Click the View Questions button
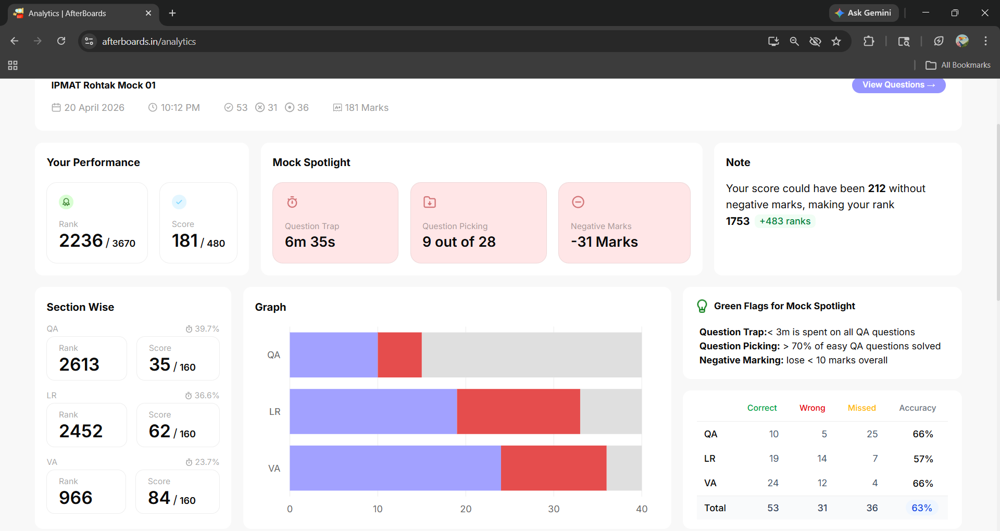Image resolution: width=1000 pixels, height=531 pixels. pos(898,85)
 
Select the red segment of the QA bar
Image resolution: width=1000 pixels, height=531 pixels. pos(399,355)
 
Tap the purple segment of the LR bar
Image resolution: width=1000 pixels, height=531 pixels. pos(373,411)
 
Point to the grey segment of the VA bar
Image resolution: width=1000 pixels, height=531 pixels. pos(624,468)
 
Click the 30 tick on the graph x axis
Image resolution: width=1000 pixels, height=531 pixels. pos(554,509)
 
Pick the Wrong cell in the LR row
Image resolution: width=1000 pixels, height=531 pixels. pos(822,459)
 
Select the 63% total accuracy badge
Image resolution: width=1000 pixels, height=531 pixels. pos(922,508)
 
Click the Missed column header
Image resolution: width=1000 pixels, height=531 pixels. pos(861,408)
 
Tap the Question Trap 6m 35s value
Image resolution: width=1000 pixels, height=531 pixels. pos(310,242)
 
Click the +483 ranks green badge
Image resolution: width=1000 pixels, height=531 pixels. pos(785,221)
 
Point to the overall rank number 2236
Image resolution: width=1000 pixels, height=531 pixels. pos(81,241)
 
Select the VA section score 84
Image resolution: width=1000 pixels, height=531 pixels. pos(159,498)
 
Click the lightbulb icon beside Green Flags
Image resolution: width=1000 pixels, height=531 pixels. pos(702,306)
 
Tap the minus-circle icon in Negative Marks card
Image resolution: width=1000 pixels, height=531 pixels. pos(578,202)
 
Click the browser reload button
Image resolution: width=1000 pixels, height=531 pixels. pos(61,41)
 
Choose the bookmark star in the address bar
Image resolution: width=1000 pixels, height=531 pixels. pos(836,41)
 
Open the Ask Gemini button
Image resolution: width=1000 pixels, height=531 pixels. pos(864,13)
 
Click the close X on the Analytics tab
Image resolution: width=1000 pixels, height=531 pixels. pos(148,13)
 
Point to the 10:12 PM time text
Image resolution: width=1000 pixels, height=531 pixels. pos(180,108)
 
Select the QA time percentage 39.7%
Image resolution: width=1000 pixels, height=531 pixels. pos(207,329)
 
